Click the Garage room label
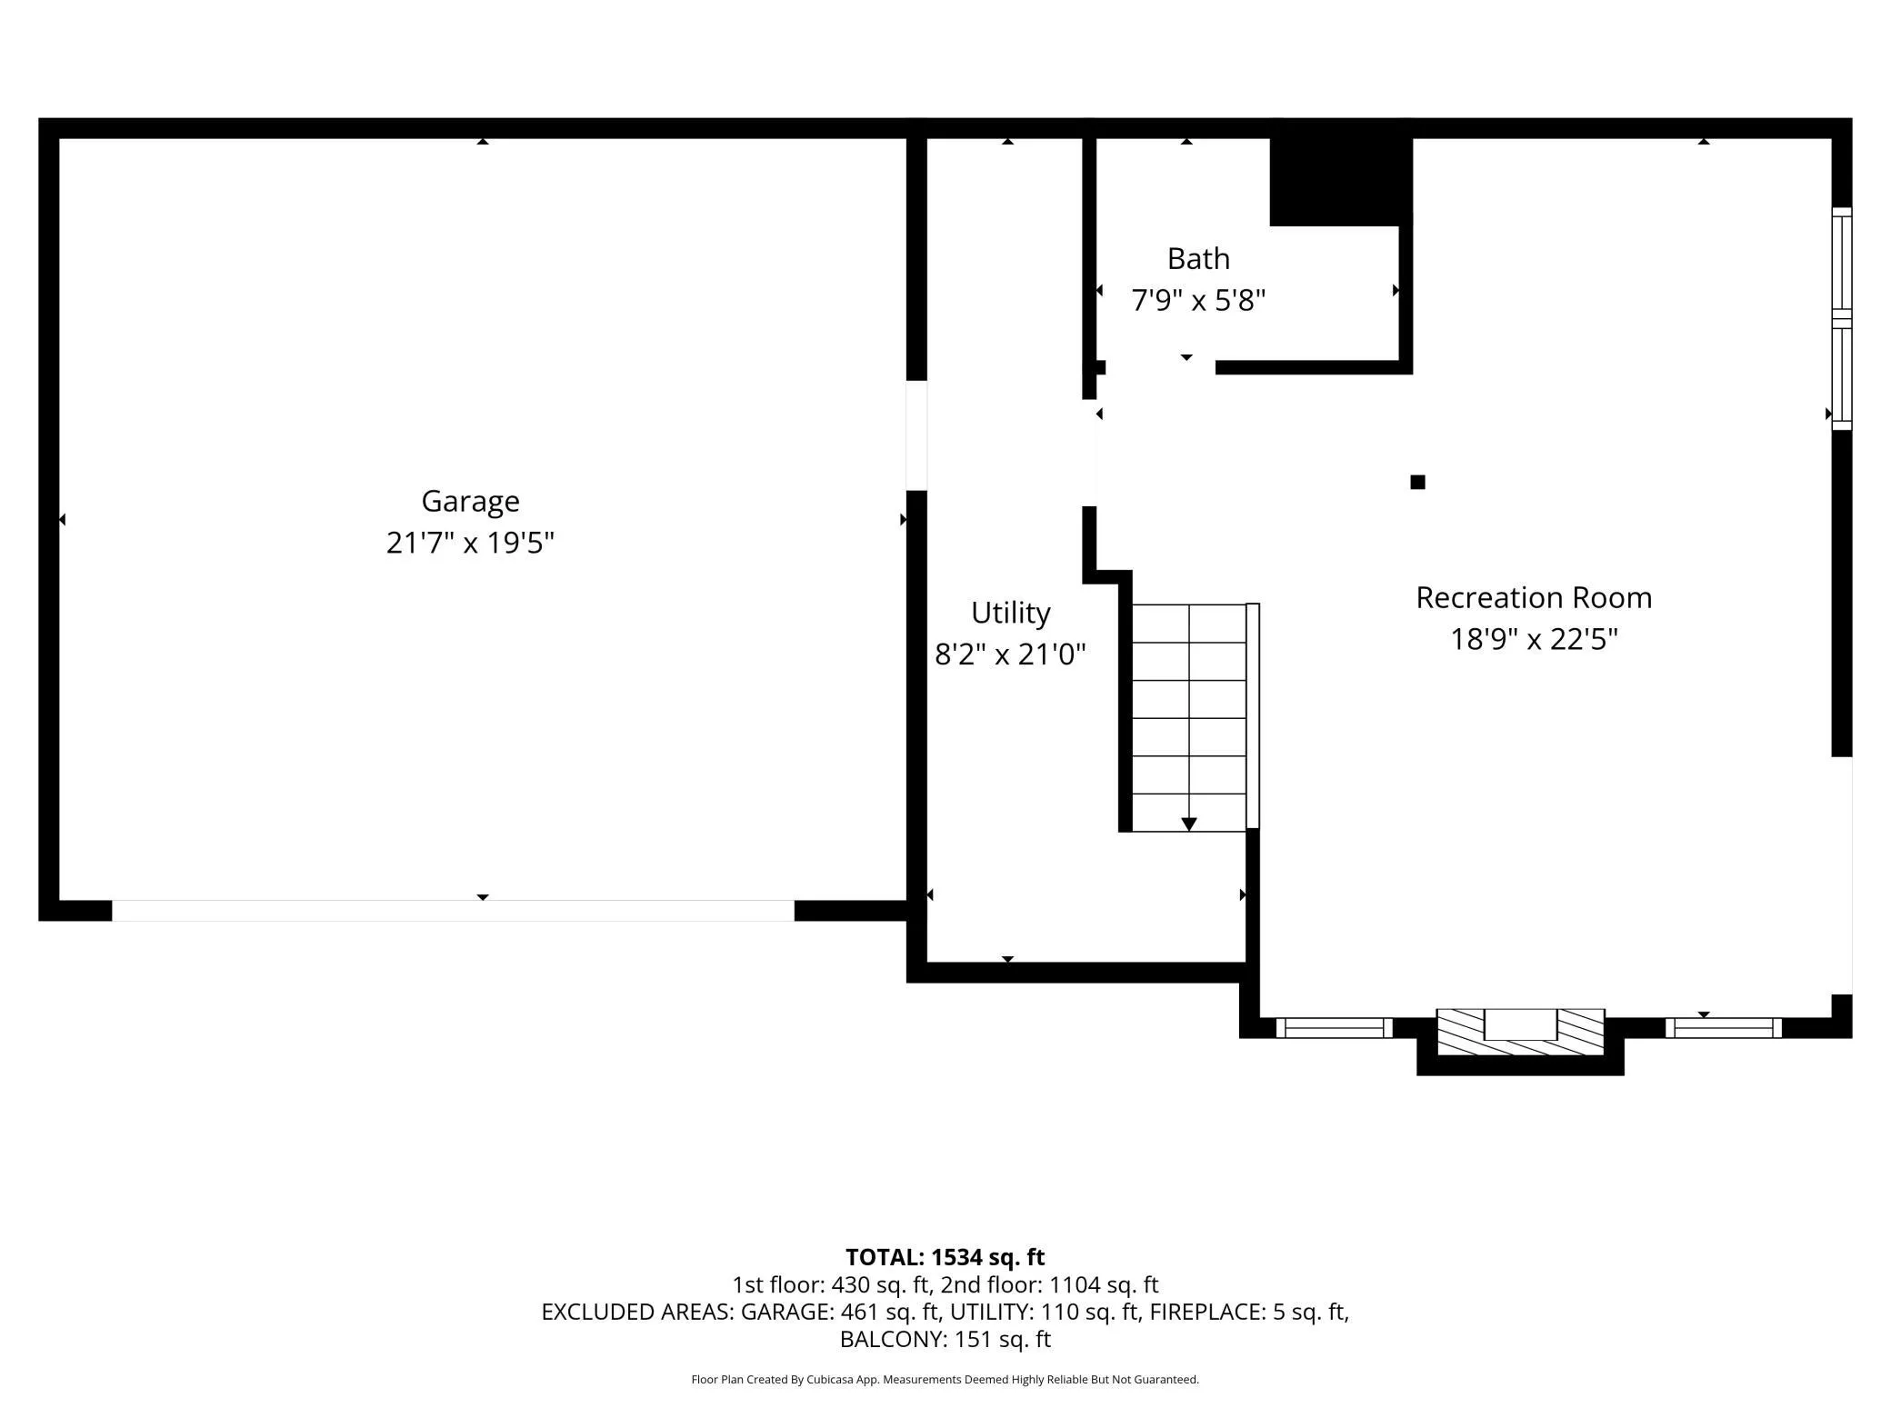click(470, 502)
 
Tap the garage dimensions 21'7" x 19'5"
click(470, 543)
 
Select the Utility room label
click(1010, 614)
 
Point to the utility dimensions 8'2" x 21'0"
click(1010, 654)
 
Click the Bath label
click(1198, 259)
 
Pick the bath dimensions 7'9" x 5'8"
click(1198, 299)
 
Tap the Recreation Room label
click(1534, 598)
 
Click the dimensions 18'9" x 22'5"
click(1534, 639)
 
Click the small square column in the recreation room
click(1417, 482)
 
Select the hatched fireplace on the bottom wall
click(1520, 1033)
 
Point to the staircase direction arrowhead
click(1188, 824)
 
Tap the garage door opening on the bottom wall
click(453, 911)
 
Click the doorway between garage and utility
click(916, 435)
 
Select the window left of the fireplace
click(1334, 1028)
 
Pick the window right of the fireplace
click(1723, 1028)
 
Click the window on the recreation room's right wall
click(1841, 318)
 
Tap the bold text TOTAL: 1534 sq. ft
click(945, 1257)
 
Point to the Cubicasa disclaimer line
click(945, 1380)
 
